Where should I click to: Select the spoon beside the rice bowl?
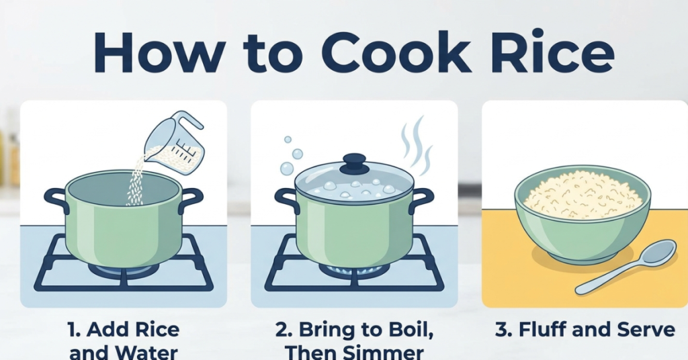[x=628, y=265]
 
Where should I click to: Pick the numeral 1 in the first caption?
[x=73, y=330]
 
